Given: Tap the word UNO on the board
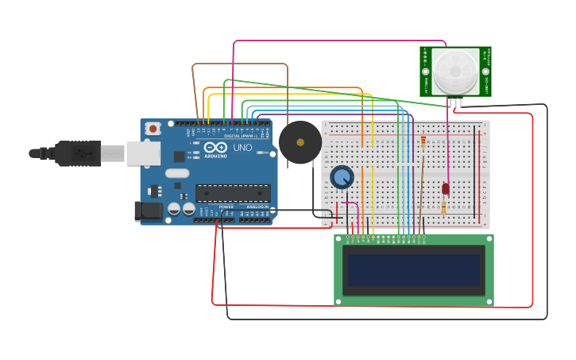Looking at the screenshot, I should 242,148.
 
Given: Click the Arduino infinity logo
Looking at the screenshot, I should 214,148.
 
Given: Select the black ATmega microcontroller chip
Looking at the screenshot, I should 233,193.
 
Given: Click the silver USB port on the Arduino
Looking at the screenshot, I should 143,153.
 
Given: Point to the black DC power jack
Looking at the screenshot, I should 148,211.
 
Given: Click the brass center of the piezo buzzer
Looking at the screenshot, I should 300,142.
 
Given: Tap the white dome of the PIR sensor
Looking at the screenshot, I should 455,71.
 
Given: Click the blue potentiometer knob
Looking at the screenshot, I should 342,177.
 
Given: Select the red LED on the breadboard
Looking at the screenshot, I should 445,188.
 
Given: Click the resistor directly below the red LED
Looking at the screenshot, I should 443,208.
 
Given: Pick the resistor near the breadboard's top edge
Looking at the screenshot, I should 423,142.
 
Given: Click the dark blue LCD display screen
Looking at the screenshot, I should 413,269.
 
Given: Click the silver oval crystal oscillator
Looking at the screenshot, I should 178,173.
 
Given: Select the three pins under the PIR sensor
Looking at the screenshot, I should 454,102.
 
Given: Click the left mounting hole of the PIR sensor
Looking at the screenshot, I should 426,71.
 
